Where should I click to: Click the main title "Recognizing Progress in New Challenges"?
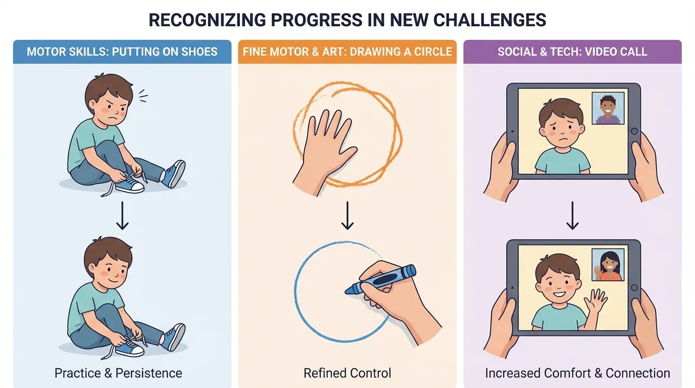[x=347, y=20]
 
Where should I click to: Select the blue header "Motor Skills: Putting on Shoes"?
[x=122, y=52]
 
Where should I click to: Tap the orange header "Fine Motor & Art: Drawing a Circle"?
[x=347, y=52]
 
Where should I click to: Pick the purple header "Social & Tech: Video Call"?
[x=572, y=52]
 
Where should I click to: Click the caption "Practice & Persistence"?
[x=118, y=373]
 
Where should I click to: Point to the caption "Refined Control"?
[x=347, y=373]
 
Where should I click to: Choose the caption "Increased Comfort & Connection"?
[x=577, y=373]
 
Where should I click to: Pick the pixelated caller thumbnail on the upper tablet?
[x=608, y=109]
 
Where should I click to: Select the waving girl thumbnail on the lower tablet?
[x=608, y=265]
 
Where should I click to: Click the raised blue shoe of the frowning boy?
[x=173, y=173]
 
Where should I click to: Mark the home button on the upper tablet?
[x=634, y=131]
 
